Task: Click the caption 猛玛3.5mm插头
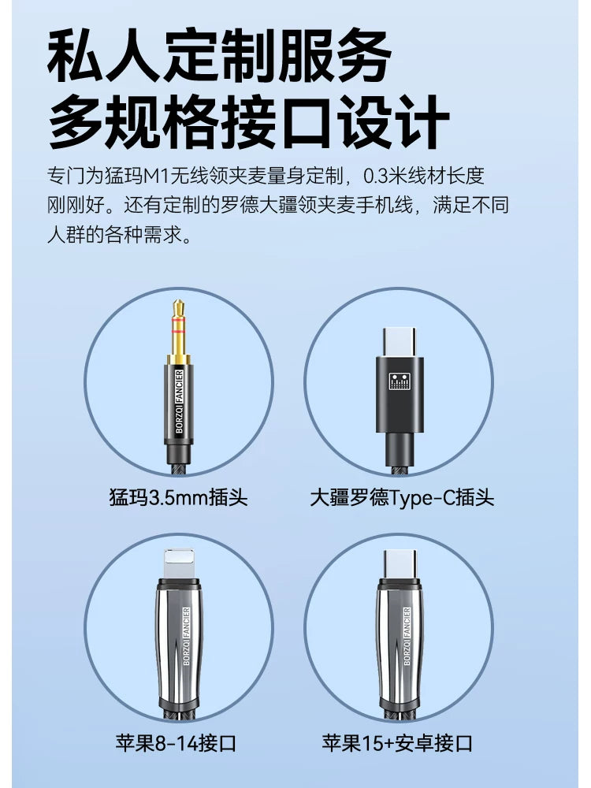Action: click(x=178, y=497)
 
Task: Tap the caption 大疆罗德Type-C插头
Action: click(x=402, y=497)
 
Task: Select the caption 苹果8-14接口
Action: click(x=176, y=743)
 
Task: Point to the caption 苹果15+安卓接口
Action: click(x=397, y=743)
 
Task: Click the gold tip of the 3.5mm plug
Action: click(x=178, y=327)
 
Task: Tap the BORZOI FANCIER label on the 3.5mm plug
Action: click(x=180, y=401)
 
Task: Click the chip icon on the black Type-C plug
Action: click(x=400, y=381)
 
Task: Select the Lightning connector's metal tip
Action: click(x=179, y=564)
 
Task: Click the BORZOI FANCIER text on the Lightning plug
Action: click(x=186, y=636)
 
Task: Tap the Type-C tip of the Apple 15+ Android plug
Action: click(x=400, y=564)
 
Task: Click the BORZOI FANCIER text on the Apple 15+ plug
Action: click(x=407, y=636)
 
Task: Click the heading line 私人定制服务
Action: click(x=219, y=55)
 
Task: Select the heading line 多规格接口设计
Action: click(x=248, y=121)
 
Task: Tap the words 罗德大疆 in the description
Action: click(x=259, y=205)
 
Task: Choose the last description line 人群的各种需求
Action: click(x=120, y=234)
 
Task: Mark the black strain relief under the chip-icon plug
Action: click(x=400, y=449)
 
